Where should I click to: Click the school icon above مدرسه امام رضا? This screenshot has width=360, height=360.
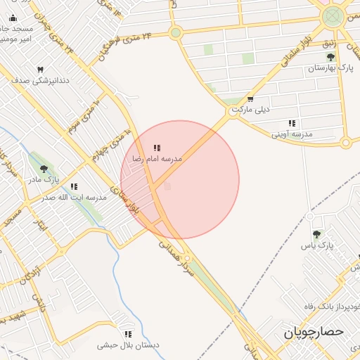coord(157,148)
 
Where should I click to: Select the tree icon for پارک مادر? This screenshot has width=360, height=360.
coord(44,169)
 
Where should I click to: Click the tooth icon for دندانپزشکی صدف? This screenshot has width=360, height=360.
coord(40,70)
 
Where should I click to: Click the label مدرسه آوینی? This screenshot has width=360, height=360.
coord(292,134)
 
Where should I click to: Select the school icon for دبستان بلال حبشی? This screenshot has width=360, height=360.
coord(128,335)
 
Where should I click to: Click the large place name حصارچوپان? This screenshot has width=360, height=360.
coord(314,332)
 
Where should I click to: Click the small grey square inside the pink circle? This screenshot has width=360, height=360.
coord(167,186)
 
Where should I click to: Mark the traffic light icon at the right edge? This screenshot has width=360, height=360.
coord(345,143)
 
